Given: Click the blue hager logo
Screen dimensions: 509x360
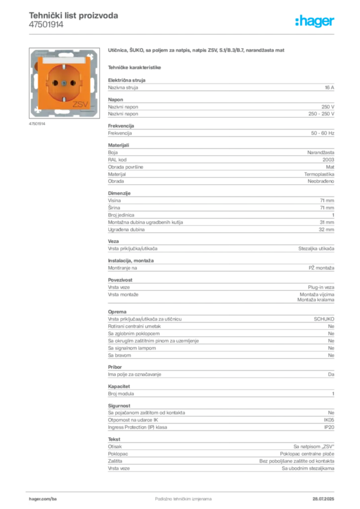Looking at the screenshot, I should click(315, 22).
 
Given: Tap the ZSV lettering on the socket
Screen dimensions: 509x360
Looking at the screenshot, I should click(80, 104).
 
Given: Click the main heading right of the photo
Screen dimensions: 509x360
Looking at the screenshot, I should click(196, 52).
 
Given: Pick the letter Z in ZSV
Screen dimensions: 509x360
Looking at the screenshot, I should click(75, 104).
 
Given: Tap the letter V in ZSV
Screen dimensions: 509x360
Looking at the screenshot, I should click(85, 104).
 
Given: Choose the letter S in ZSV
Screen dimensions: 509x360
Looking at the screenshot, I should click(80, 104).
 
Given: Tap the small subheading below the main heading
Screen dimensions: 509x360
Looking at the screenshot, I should click(135, 67).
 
